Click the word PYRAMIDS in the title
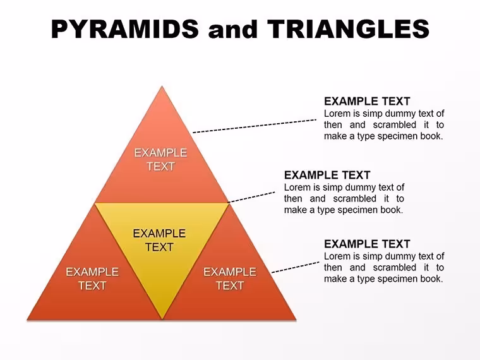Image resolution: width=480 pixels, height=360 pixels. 125,29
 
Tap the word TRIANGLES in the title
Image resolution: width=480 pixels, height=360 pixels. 349,29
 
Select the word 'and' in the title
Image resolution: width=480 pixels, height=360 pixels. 232,30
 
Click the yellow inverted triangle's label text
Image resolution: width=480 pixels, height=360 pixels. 159,240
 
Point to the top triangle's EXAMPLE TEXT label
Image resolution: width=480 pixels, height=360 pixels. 160,160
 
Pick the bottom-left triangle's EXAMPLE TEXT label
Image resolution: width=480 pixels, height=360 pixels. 92,279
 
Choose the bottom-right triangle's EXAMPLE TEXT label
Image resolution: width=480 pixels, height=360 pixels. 230,279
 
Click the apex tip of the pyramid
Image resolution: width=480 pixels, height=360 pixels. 162,87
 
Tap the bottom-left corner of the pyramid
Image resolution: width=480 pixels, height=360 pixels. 27,320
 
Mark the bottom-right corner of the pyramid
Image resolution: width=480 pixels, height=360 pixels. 296,320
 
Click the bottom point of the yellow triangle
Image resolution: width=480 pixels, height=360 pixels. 162,319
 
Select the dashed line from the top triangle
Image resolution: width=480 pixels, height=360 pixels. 255,126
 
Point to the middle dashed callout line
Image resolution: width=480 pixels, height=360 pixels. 251,198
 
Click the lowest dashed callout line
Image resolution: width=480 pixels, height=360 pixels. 296,267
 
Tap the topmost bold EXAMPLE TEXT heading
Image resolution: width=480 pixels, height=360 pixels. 367,101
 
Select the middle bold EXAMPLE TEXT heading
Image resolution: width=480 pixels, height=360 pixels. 327,175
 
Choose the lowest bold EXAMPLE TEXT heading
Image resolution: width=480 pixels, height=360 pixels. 367,244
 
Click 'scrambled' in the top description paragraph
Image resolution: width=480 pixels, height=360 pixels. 395,125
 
